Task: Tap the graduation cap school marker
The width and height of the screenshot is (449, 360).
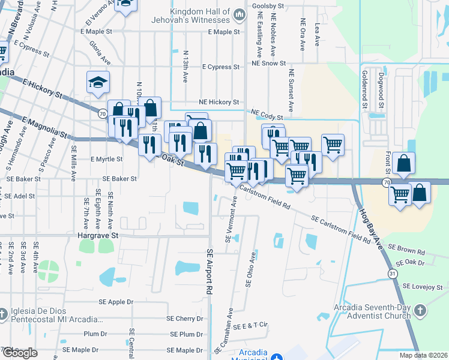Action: click(98, 83)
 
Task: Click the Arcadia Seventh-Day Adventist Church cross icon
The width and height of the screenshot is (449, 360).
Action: click(420, 311)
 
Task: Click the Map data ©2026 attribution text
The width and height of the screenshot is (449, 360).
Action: click(423, 355)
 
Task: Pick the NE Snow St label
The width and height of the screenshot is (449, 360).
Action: click(268, 62)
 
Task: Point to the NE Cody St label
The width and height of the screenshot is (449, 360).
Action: click(267, 113)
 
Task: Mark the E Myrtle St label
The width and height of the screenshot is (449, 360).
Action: click(106, 160)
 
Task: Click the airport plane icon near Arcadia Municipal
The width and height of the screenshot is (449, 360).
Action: click(277, 358)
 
